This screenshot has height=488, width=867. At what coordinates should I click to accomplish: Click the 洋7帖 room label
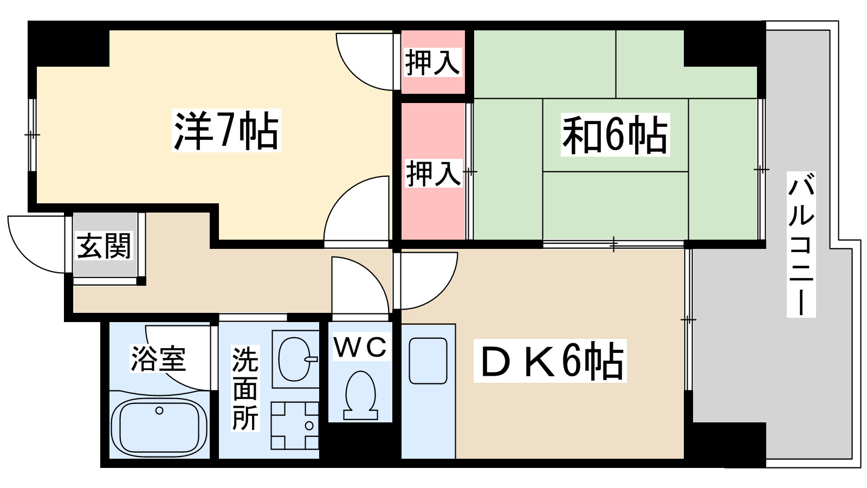pos(226,131)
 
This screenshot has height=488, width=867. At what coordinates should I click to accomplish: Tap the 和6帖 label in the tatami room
pos(615,134)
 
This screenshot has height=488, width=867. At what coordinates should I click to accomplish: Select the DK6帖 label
pos(550,361)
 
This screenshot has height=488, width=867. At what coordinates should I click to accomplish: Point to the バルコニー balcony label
pos(801,244)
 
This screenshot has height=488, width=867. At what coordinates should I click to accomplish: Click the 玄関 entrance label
pos(104,246)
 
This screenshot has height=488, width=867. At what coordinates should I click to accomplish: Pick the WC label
pos(360,346)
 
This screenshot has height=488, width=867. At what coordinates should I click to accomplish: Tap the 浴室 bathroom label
pos(158,358)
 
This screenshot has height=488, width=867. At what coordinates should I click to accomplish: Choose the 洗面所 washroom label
pos(245,388)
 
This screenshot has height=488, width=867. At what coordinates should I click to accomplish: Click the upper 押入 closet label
pos(432,62)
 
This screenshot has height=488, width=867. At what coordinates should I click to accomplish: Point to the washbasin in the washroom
pos(295,359)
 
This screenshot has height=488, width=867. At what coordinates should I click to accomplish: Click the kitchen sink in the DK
pos(428,361)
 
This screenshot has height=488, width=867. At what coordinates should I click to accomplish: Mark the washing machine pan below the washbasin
pos(295,426)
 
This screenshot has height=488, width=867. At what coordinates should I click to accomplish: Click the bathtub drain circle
pos(159,410)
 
